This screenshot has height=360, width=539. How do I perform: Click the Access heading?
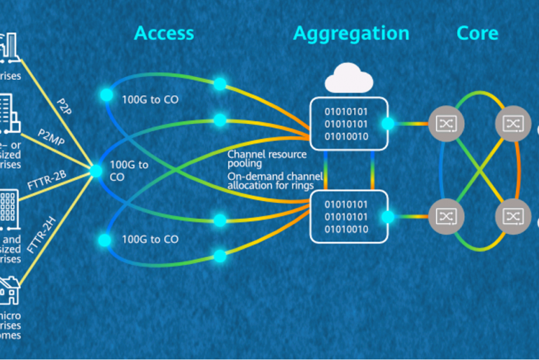coord(164,33)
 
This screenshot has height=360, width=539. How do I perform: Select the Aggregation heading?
coord(351,33)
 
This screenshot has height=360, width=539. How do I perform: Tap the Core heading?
coord(477,33)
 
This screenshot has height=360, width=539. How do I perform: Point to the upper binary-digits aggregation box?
coord(349,123)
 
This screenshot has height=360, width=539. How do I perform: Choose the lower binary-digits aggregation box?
coord(349,214)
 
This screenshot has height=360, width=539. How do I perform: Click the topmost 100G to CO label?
coord(150,99)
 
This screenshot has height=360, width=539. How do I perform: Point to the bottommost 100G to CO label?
coord(150,240)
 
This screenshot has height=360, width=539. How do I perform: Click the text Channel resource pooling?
coord(267,158)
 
